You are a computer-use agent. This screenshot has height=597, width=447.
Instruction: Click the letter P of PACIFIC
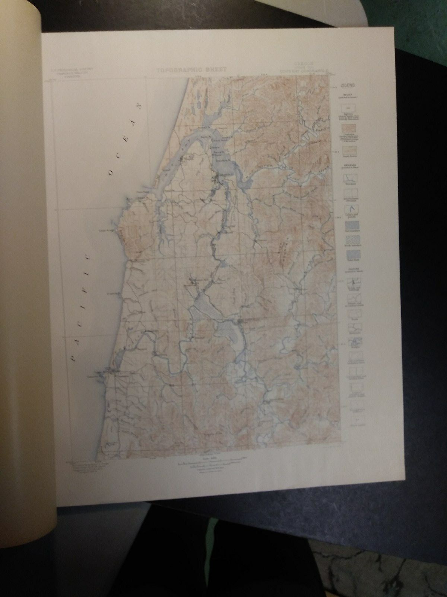(x=73, y=359)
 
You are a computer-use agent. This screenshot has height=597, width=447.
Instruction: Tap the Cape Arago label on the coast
(x=107, y=230)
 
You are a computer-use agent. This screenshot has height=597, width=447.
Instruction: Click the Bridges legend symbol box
(x=353, y=341)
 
